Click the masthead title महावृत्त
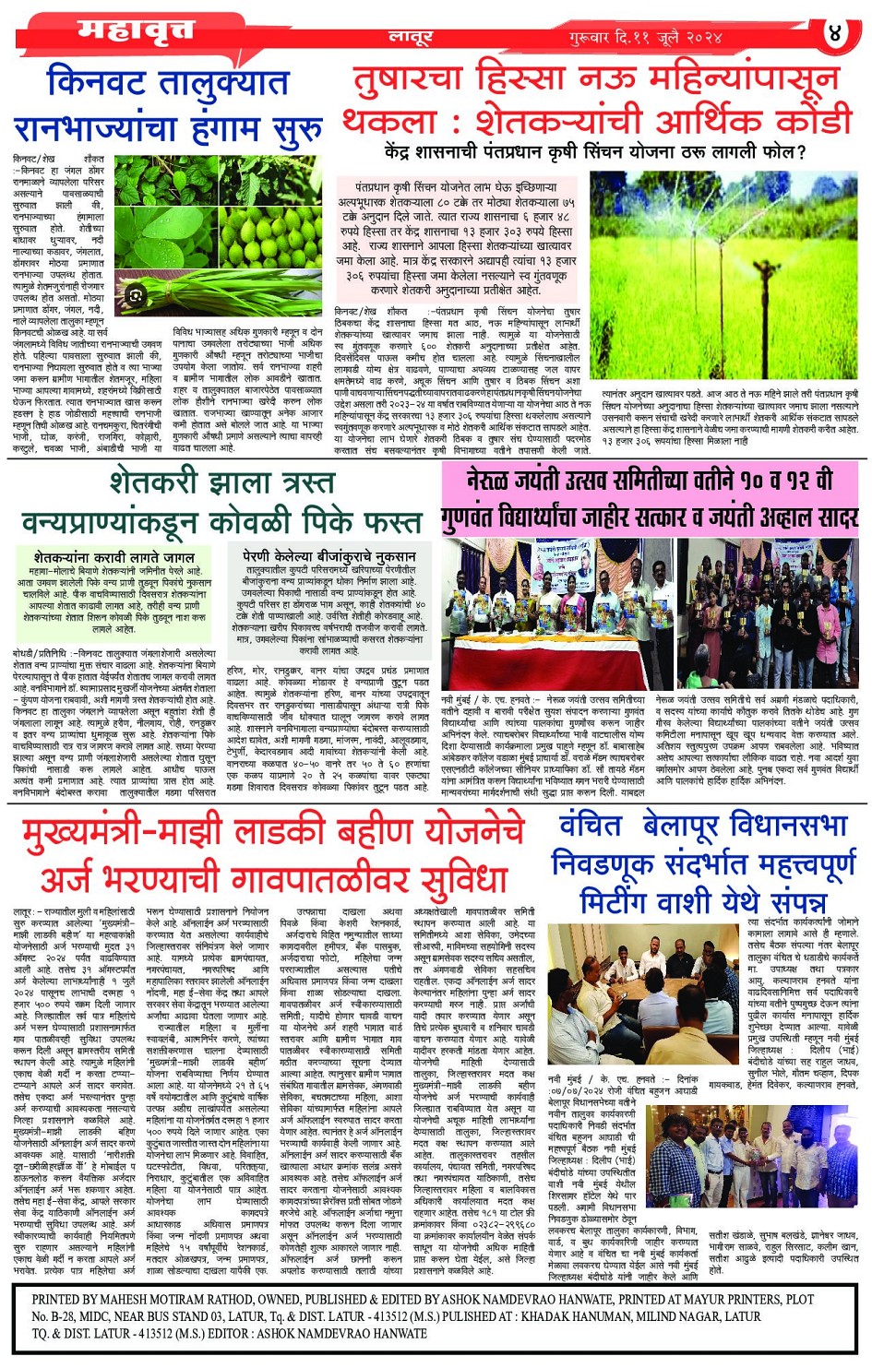[x=137, y=30]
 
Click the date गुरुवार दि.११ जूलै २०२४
[x=645, y=37]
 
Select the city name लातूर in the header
[x=410, y=37]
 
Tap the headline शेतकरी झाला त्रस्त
[x=221, y=481]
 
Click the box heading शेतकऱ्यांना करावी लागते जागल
[x=114, y=558]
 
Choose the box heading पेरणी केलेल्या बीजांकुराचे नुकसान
[x=328, y=556]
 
